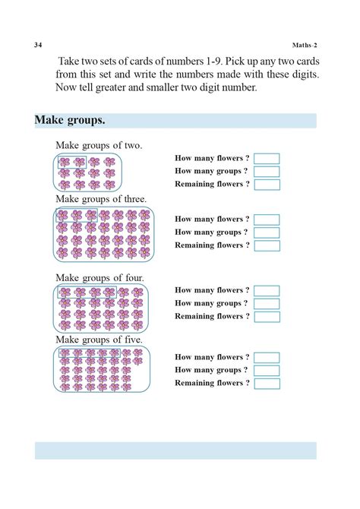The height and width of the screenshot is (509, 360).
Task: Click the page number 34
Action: pyautogui.click(x=38, y=45)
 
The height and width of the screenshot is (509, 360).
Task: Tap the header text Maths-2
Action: pyautogui.click(x=304, y=45)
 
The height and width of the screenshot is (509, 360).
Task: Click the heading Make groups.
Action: pyautogui.click(x=70, y=121)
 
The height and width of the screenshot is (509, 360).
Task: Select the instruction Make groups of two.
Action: pyautogui.click(x=99, y=145)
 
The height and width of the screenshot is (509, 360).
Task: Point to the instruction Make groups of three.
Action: pyautogui.click(x=101, y=199)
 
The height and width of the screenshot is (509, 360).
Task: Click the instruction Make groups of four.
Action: pyautogui.click(x=99, y=278)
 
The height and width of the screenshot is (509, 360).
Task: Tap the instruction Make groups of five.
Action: pyautogui.click(x=99, y=340)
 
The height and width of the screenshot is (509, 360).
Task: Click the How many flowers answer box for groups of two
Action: pyautogui.click(x=267, y=159)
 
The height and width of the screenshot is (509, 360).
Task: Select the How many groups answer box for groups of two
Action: pyautogui.click(x=267, y=172)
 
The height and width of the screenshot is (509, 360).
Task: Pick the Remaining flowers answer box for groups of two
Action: pyautogui.click(x=267, y=185)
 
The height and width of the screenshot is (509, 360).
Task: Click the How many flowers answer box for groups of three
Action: pyautogui.click(x=267, y=220)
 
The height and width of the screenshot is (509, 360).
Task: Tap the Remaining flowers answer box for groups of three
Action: pyautogui.click(x=267, y=245)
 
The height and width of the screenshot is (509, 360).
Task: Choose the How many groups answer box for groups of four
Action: pyautogui.click(x=267, y=304)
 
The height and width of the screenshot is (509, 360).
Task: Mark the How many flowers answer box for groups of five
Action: pyautogui.click(x=267, y=358)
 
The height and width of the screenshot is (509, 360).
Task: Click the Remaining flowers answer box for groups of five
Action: pyautogui.click(x=267, y=384)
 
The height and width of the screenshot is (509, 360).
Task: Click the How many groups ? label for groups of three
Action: pyautogui.click(x=212, y=232)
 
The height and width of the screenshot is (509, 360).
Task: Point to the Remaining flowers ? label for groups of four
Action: pyautogui.click(x=212, y=316)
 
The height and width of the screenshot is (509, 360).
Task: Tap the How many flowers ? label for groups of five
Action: pyautogui.click(x=212, y=357)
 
